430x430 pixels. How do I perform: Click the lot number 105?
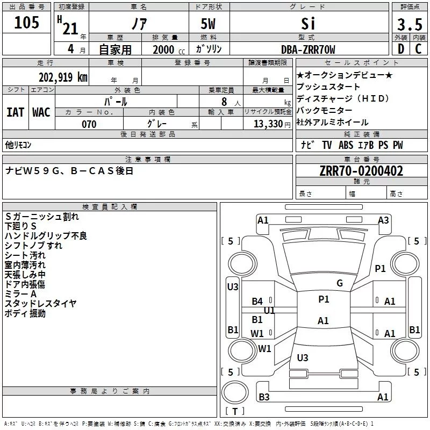tap(27, 23)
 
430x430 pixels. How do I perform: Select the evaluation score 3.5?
tap(409, 25)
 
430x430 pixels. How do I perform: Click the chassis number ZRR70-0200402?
tap(361, 171)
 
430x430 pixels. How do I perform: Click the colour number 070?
tap(89, 124)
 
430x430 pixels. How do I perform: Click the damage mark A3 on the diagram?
tap(383, 220)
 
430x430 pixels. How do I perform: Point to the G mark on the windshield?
tap(340, 283)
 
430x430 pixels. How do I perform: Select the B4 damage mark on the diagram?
tap(257, 302)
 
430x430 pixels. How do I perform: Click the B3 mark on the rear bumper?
tap(264, 397)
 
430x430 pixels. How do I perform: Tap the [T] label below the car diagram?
tap(235, 412)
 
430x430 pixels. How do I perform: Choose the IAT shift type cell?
tap(15, 112)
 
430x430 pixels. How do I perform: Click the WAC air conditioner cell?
tap(41, 112)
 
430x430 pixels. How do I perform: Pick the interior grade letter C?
tap(419, 49)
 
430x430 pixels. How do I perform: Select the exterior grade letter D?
tap(400, 49)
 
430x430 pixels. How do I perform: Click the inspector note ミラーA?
tap(21, 294)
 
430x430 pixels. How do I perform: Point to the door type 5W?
tap(209, 24)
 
